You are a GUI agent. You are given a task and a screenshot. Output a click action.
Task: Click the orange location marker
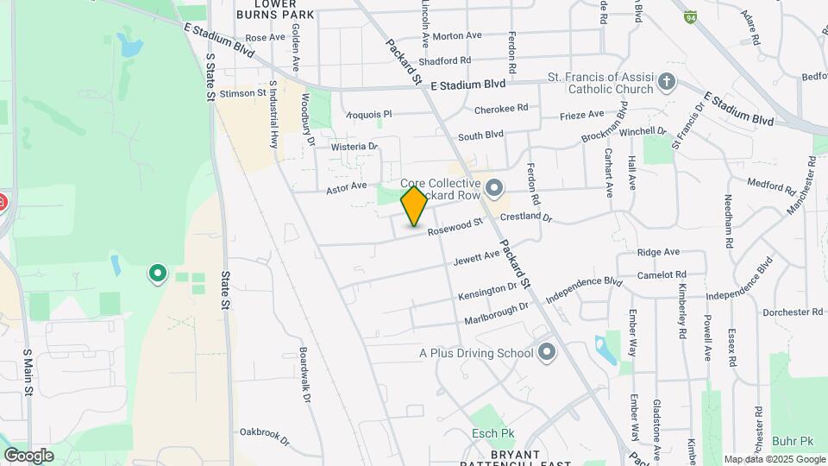pos(414,207)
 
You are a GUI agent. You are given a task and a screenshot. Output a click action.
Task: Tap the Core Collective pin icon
pos(494,187)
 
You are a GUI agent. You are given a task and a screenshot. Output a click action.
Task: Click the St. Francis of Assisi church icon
pos(665,83)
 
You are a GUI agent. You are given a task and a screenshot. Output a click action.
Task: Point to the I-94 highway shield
pos(690,16)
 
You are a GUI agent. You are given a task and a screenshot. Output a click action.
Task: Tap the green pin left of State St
pos(157,274)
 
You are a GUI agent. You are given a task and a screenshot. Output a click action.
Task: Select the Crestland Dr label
pos(524,217)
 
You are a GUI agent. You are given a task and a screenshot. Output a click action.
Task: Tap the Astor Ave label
pos(347,186)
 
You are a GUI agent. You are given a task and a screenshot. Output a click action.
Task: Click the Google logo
pos(28,455)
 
